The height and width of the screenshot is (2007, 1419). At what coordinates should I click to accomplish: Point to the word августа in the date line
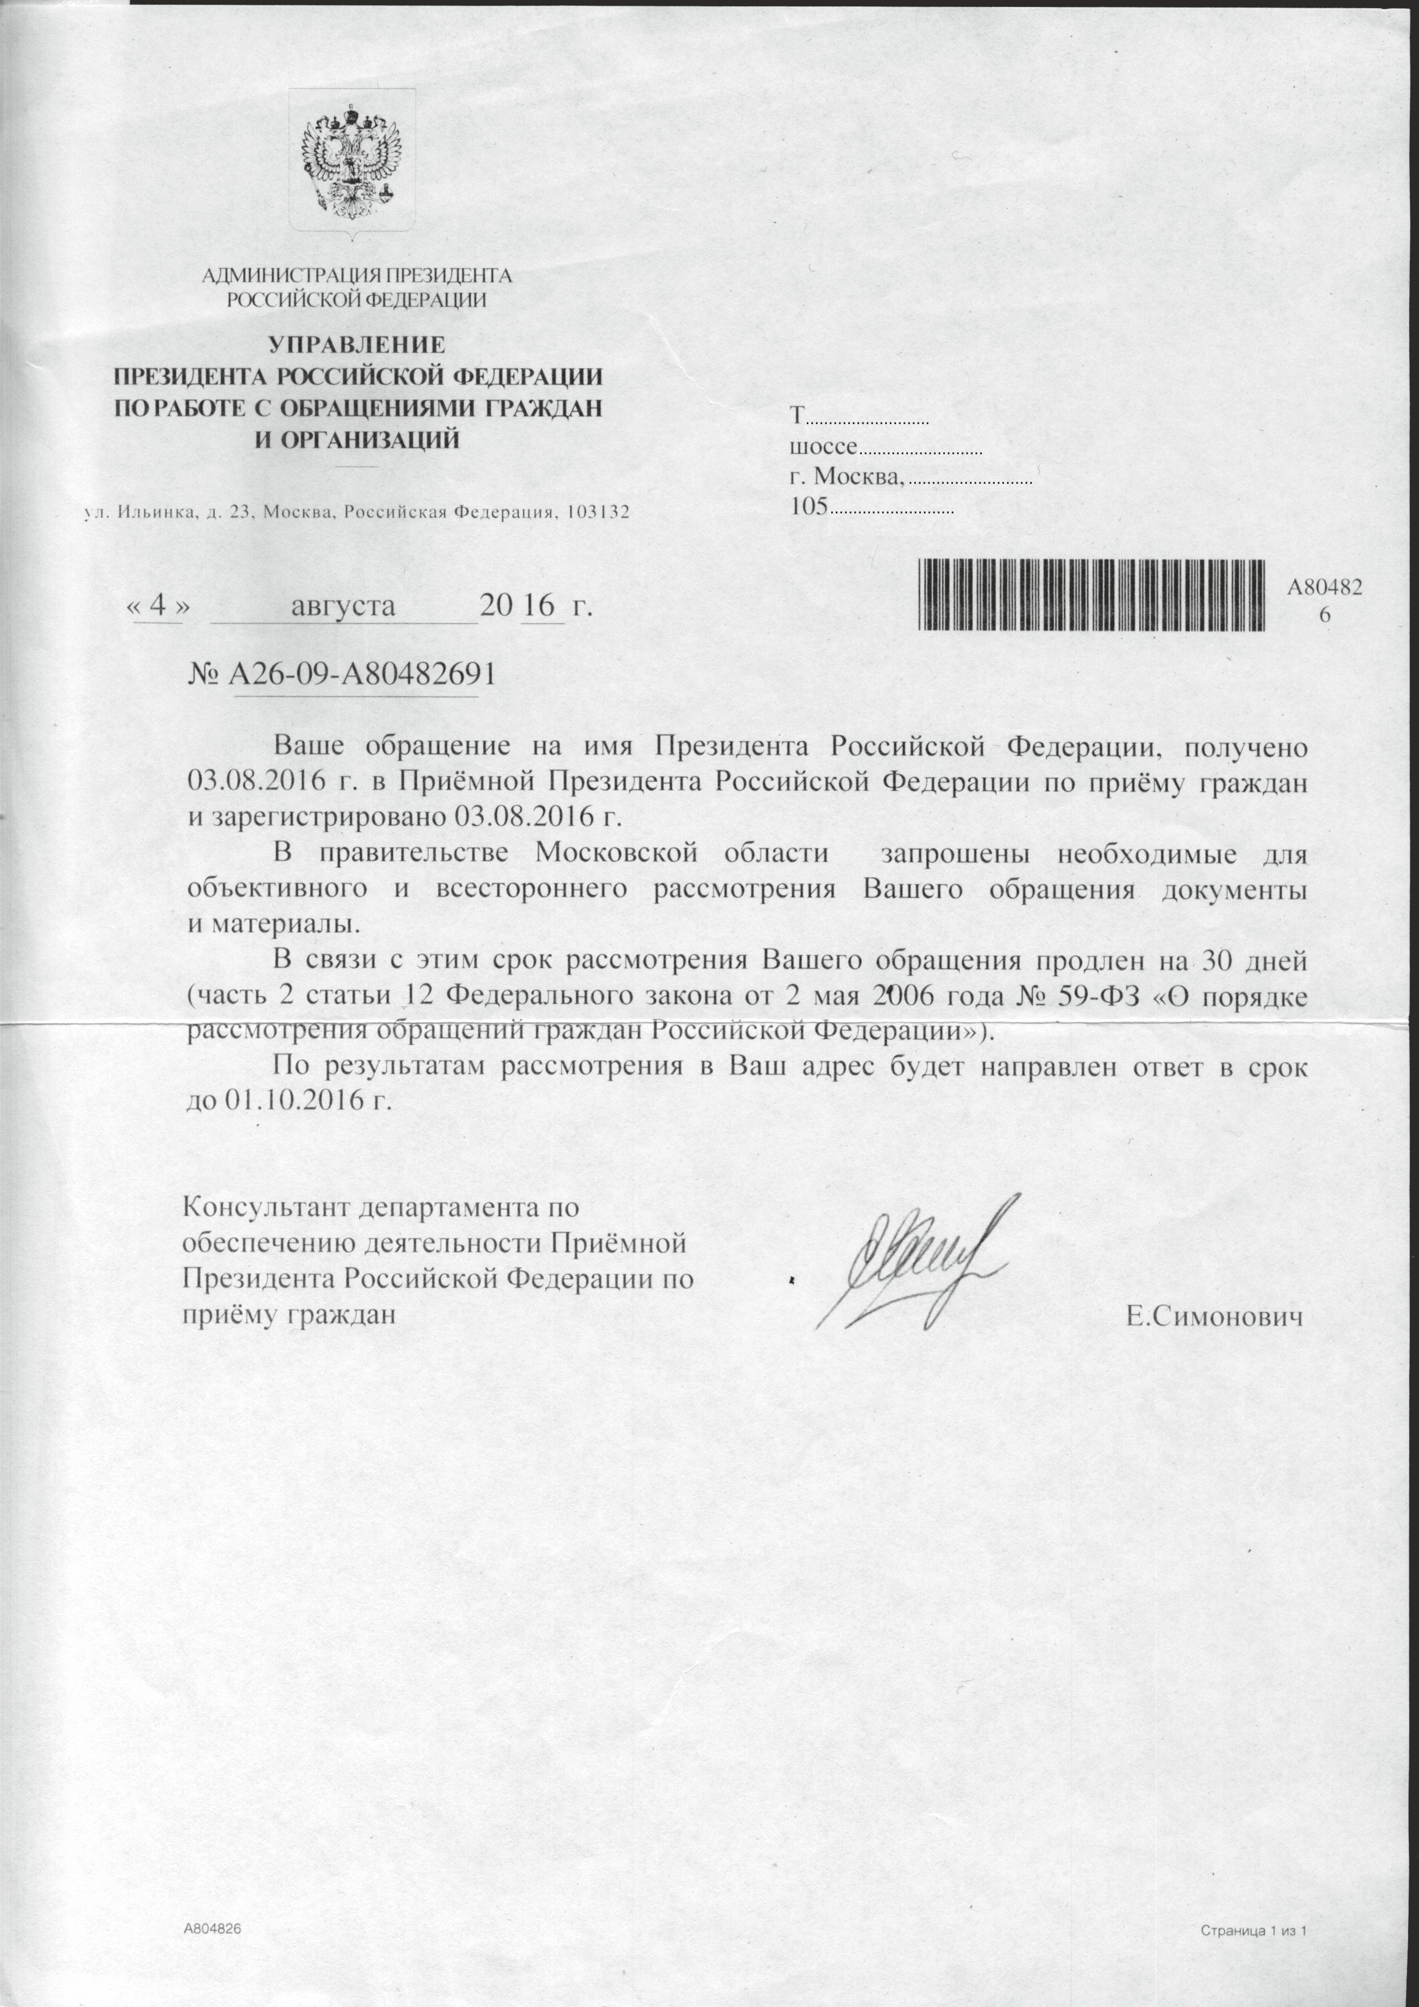tap(343, 606)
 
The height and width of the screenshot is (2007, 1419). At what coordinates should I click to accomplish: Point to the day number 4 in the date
tap(158, 606)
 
